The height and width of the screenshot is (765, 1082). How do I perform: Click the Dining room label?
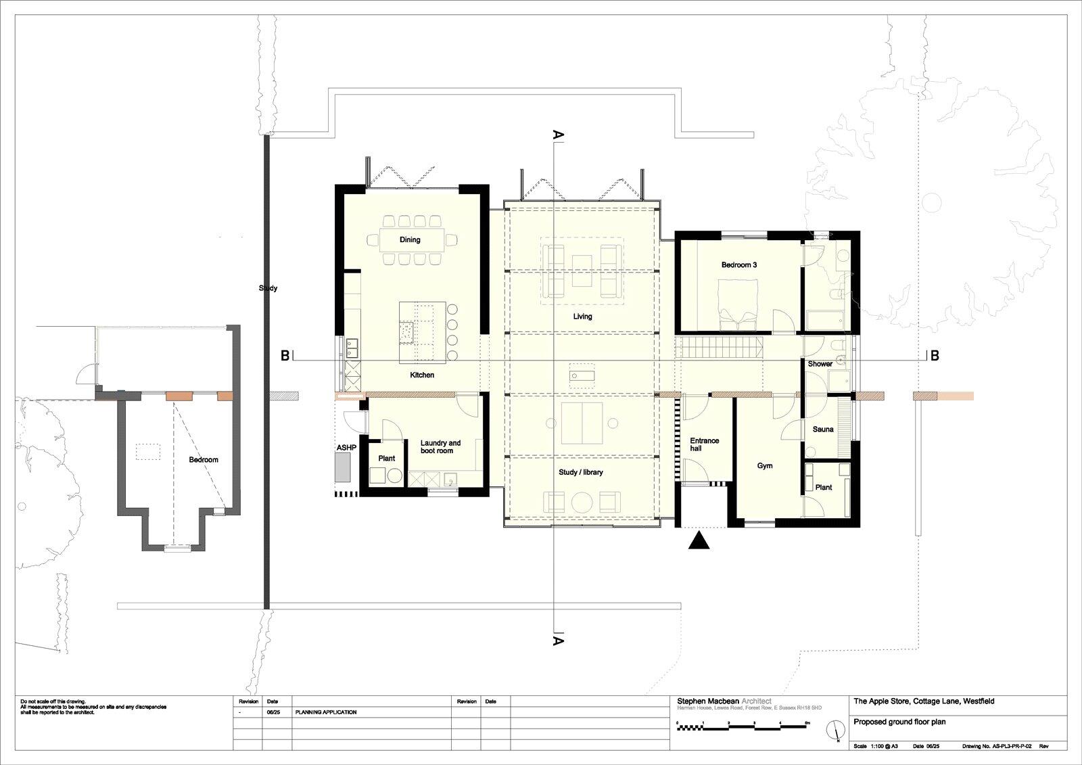[x=410, y=239]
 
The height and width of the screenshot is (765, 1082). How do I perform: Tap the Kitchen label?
[x=422, y=375]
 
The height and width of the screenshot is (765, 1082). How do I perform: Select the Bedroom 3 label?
[x=738, y=265]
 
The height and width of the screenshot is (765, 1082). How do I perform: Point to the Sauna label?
[x=823, y=430]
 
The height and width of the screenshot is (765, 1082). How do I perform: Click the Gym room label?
[x=765, y=466]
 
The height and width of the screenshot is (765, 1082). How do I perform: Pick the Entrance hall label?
[x=704, y=444]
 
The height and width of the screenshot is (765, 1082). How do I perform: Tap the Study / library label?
[x=580, y=472]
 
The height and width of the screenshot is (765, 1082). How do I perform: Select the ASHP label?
[x=346, y=448]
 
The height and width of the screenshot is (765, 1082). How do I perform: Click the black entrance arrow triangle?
[x=699, y=540]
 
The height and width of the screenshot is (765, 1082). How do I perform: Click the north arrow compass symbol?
[x=838, y=731]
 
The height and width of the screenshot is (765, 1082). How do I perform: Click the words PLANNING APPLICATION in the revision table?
[x=326, y=712]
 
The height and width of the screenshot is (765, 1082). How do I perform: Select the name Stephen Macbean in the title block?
[x=708, y=701]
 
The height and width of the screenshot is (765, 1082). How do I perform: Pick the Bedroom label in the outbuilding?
[x=204, y=460]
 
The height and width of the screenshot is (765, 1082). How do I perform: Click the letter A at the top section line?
[x=559, y=135]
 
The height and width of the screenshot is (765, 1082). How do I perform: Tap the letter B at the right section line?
[x=935, y=356]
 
